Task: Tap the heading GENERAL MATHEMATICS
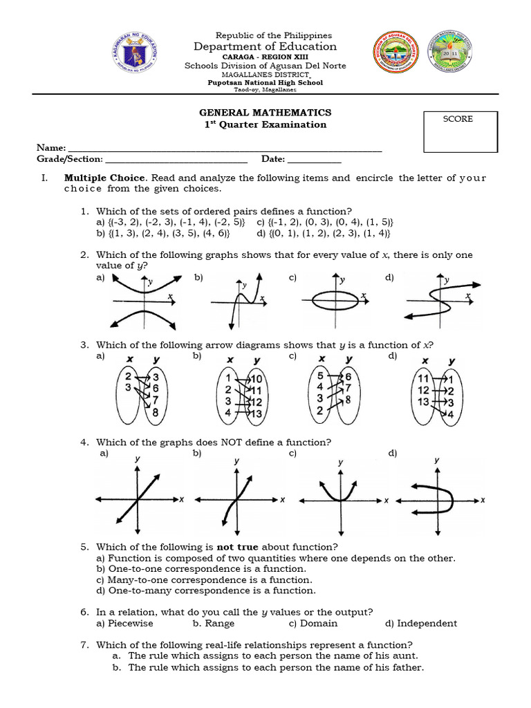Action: tap(265, 112)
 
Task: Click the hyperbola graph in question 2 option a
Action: tap(143, 301)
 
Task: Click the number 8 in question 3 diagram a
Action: tap(155, 413)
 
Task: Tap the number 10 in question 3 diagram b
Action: tap(256, 379)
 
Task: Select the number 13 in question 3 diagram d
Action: tap(423, 402)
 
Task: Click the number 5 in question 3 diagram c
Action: tap(319, 376)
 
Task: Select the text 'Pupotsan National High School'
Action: tap(265, 82)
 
